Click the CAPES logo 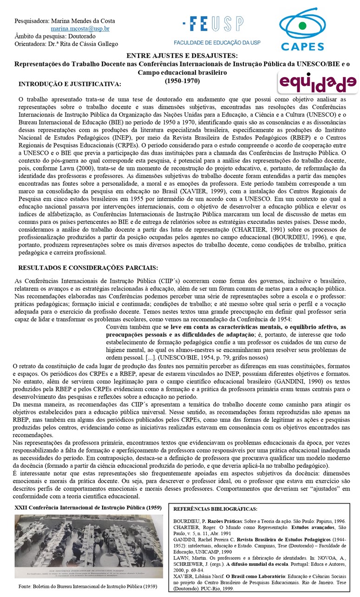pyautogui.click(x=302, y=29)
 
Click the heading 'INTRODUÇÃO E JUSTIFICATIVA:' pyautogui.click(x=69, y=84)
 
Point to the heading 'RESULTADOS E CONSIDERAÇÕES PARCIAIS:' pyautogui.click(x=88, y=268)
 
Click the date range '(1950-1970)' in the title pyautogui.click(x=182, y=80)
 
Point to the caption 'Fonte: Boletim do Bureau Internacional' pyautogui.click(x=82, y=586)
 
